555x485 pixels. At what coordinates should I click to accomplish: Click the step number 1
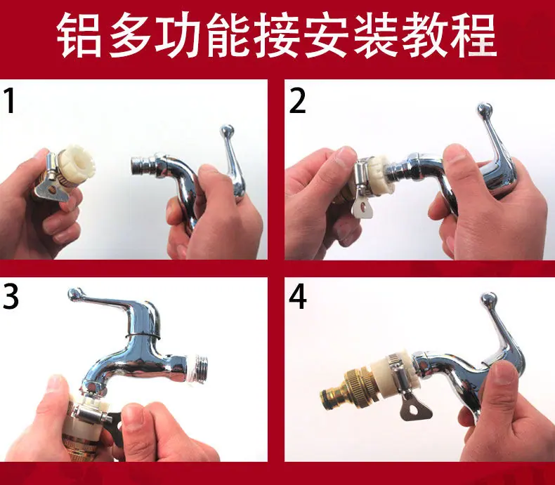click(11, 101)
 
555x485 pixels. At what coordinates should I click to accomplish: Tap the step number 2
click(297, 101)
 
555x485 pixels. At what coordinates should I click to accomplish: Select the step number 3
click(11, 296)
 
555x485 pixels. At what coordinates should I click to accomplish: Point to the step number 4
click(298, 296)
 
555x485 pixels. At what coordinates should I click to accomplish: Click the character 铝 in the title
click(79, 36)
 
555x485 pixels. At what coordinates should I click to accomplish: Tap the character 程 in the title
click(474, 36)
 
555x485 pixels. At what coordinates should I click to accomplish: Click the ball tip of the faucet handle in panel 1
click(227, 131)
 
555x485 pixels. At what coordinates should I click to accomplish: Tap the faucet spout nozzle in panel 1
click(142, 164)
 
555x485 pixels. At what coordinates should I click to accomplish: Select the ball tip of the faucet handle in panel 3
click(75, 295)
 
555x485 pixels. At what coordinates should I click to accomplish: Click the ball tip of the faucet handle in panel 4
click(489, 299)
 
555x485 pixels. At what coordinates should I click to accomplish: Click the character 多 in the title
click(129, 36)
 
